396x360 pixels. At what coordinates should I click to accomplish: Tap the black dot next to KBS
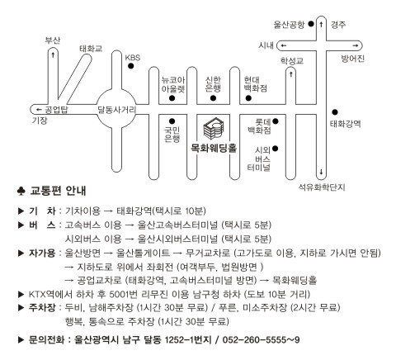click(x=131, y=66)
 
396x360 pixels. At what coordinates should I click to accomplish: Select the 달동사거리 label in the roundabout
click(x=117, y=110)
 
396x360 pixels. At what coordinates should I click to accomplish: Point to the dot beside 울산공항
click(x=311, y=24)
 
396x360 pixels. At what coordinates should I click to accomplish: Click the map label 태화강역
click(x=345, y=124)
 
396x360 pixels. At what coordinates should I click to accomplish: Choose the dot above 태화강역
click(x=335, y=112)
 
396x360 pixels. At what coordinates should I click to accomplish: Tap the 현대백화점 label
click(x=256, y=84)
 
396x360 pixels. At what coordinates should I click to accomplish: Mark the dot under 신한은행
click(x=213, y=98)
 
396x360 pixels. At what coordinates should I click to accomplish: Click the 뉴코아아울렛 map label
click(x=173, y=84)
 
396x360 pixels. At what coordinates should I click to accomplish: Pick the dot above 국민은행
click(x=172, y=121)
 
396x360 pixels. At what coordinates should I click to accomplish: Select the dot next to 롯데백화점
click(x=276, y=121)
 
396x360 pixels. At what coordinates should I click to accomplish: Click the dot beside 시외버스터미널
click(x=276, y=149)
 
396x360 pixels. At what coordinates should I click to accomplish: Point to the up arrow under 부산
click(x=53, y=54)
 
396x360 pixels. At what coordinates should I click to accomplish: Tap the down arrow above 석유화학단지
click(x=321, y=173)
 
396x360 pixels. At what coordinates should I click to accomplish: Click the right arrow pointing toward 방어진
click(x=356, y=45)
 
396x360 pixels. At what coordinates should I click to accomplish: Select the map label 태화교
click(x=91, y=49)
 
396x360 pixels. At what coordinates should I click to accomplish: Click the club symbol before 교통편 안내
click(x=21, y=191)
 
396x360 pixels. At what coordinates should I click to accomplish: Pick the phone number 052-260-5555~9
click(x=261, y=339)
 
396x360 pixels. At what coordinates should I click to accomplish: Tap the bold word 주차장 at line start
click(x=42, y=307)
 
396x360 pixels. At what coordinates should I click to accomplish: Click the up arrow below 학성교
click(x=291, y=74)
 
